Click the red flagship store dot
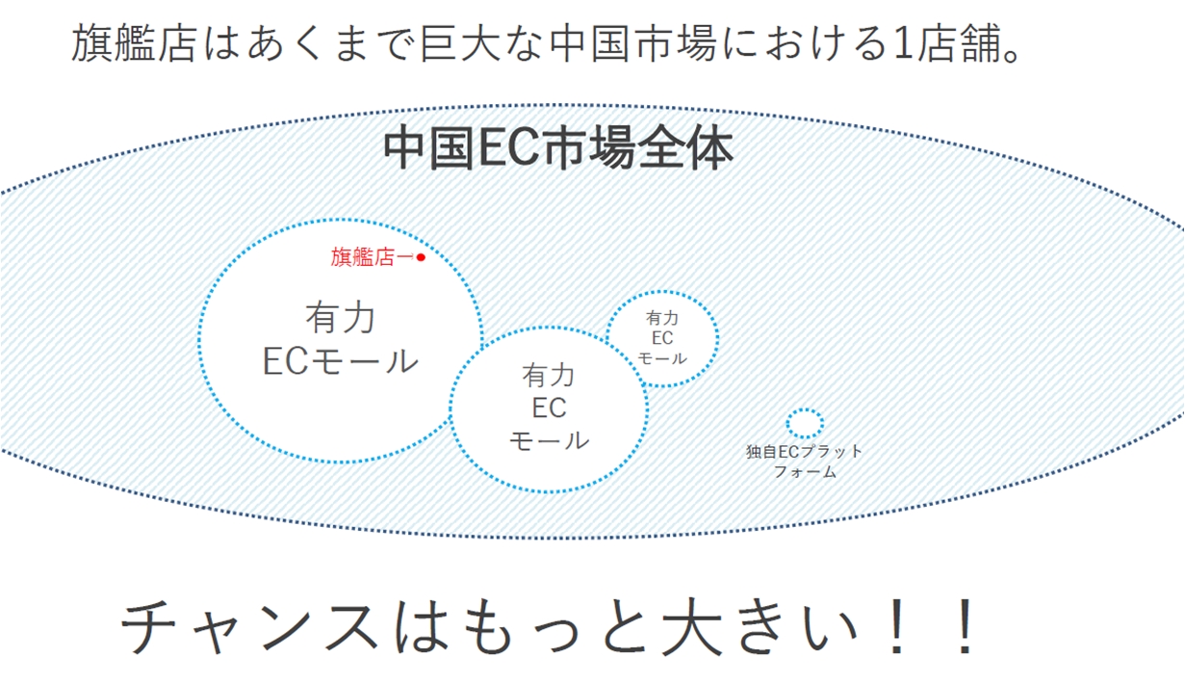pos(421,257)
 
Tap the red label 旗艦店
pos(363,257)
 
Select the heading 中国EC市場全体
pos(558,147)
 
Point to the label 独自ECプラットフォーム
pos(805,461)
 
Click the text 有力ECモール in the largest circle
pos(341,339)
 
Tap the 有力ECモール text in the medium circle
pos(549,408)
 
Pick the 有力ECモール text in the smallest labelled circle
pos(661,338)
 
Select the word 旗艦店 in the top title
pos(135,43)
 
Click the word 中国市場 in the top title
pos(633,43)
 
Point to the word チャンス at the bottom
pos(249,627)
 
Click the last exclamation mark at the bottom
pos(966,626)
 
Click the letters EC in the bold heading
pos(509,148)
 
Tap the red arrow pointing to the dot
pos(404,257)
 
